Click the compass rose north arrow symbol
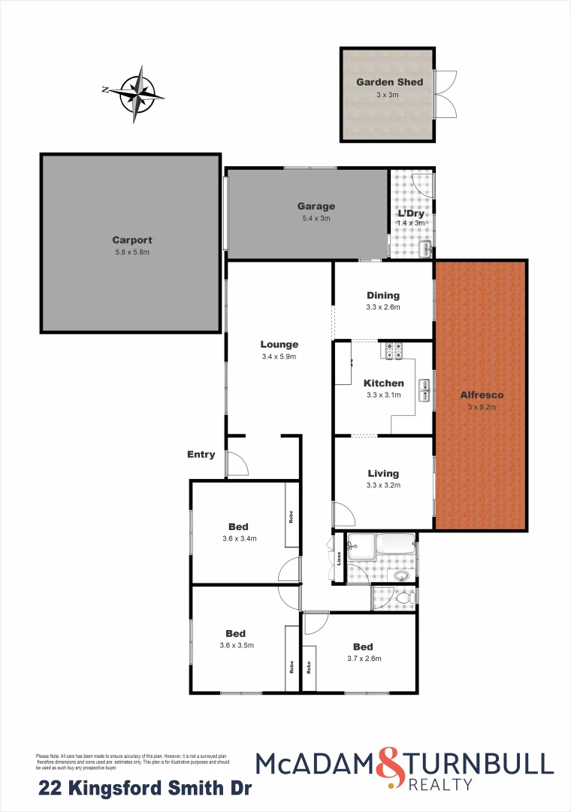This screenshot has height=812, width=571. click(137, 94)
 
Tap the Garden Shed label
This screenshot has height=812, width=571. click(389, 82)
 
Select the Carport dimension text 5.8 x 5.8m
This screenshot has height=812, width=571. click(132, 253)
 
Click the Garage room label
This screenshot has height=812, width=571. click(316, 206)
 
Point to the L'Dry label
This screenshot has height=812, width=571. click(411, 213)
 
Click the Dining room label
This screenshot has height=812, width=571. click(383, 295)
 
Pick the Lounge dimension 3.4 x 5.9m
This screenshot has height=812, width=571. click(279, 356)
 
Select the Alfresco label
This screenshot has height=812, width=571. click(482, 395)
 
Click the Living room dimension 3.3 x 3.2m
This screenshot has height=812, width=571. click(383, 485)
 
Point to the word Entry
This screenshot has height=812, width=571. click(201, 454)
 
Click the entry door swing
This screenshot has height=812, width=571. click(237, 463)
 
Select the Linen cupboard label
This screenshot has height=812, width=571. click(339, 559)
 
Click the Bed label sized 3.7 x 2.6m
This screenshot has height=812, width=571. click(363, 647)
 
